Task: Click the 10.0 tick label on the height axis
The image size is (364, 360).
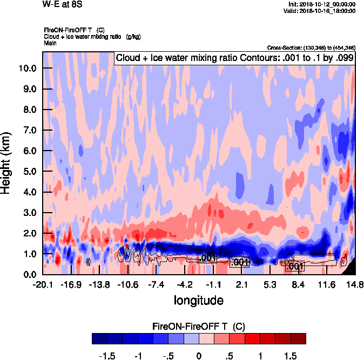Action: coord(28,69)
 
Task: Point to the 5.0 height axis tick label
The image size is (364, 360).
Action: coord(29,172)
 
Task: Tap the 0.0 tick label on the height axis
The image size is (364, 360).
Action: coord(29,274)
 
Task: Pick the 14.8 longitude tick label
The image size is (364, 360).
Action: coord(355,284)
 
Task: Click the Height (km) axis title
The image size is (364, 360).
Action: coord(7,163)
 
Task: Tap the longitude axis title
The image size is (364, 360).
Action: coord(198,300)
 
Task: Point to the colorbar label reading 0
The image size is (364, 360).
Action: coord(199,356)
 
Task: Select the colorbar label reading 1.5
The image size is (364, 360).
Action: coord(291,356)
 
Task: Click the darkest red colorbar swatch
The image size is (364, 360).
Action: coord(298,338)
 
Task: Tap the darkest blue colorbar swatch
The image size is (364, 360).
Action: coord(99,338)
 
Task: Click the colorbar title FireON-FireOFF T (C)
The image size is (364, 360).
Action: coord(199,326)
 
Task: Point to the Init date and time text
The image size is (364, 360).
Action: coord(322,4)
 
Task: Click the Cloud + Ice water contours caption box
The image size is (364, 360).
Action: coord(234,58)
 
